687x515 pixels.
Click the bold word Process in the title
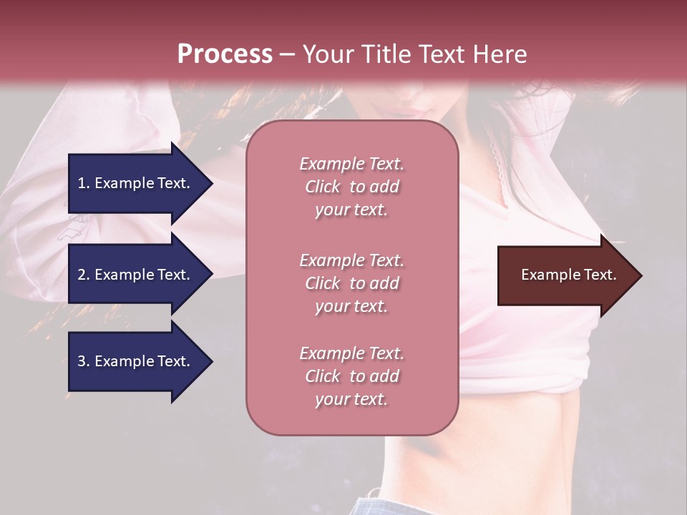pyautogui.click(x=225, y=54)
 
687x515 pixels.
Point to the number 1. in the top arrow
pyautogui.click(x=84, y=183)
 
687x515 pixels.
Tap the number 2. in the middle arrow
pyautogui.click(x=84, y=275)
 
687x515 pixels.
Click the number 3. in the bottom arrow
pyautogui.click(x=84, y=361)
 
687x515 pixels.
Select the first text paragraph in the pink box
pyautogui.click(x=351, y=187)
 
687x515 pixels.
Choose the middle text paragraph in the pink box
pyautogui.click(x=351, y=283)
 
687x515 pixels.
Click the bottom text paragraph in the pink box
pyautogui.click(x=351, y=376)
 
